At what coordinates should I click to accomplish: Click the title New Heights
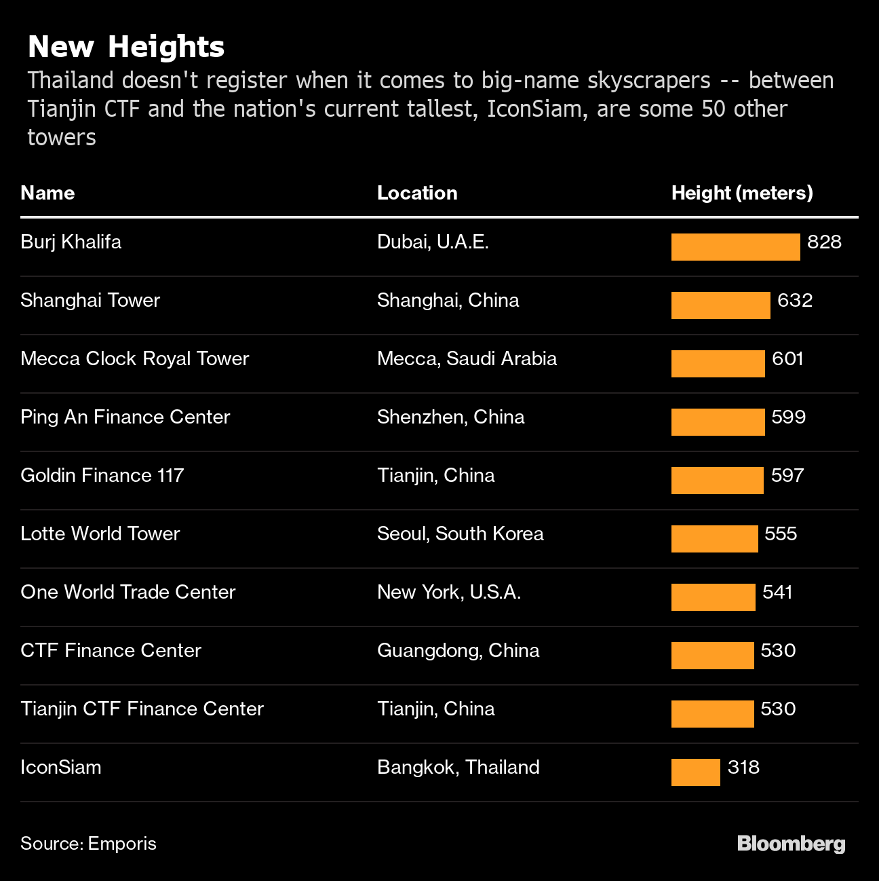pos(125,47)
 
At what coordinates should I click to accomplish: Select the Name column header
pos(47,193)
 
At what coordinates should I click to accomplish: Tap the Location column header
pos(417,193)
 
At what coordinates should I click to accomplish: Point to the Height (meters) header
pos(742,193)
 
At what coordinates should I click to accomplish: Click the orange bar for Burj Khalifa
pos(735,247)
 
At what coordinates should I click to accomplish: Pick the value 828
pos(824,242)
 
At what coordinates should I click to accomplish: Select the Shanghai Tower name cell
pos(90,300)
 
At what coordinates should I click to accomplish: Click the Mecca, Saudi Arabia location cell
pos(467,358)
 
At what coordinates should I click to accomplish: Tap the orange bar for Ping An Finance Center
pos(718,422)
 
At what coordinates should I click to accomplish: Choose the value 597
pos(787,475)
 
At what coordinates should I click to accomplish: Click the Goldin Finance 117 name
pos(102,475)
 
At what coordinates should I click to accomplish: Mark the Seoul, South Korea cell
pos(460,533)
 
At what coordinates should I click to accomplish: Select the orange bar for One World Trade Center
pos(713,597)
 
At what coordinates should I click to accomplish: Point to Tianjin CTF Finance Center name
pos(142,709)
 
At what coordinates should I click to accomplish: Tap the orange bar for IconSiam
pos(695,772)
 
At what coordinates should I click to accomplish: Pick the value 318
pos(743,768)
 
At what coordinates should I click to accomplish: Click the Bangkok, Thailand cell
pos(458,767)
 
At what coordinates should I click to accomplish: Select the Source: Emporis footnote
pos(88,844)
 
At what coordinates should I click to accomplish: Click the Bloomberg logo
pos(791,844)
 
